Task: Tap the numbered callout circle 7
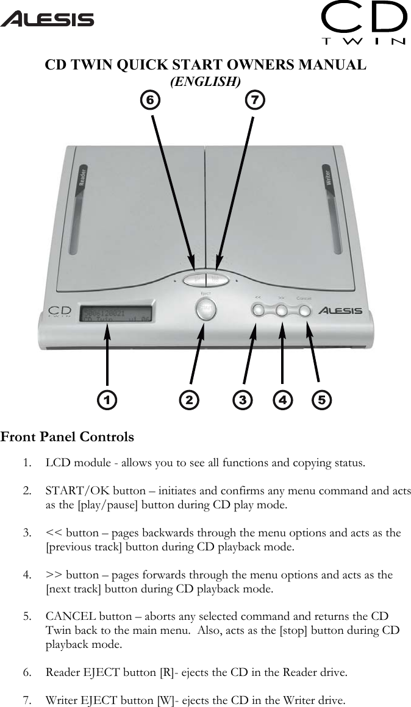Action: pyautogui.click(x=256, y=99)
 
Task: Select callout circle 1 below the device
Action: pyautogui.click(x=107, y=400)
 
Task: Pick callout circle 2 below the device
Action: pyautogui.click(x=189, y=400)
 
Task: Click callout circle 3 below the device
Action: pyautogui.click(x=243, y=400)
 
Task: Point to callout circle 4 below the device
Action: pyautogui.click(x=282, y=400)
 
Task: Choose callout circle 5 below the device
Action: pyautogui.click(x=321, y=400)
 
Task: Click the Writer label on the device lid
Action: pyautogui.click(x=329, y=177)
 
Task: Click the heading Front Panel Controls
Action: pyautogui.click(x=67, y=437)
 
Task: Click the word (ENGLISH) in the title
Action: pyautogui.click(x=205, y=81)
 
